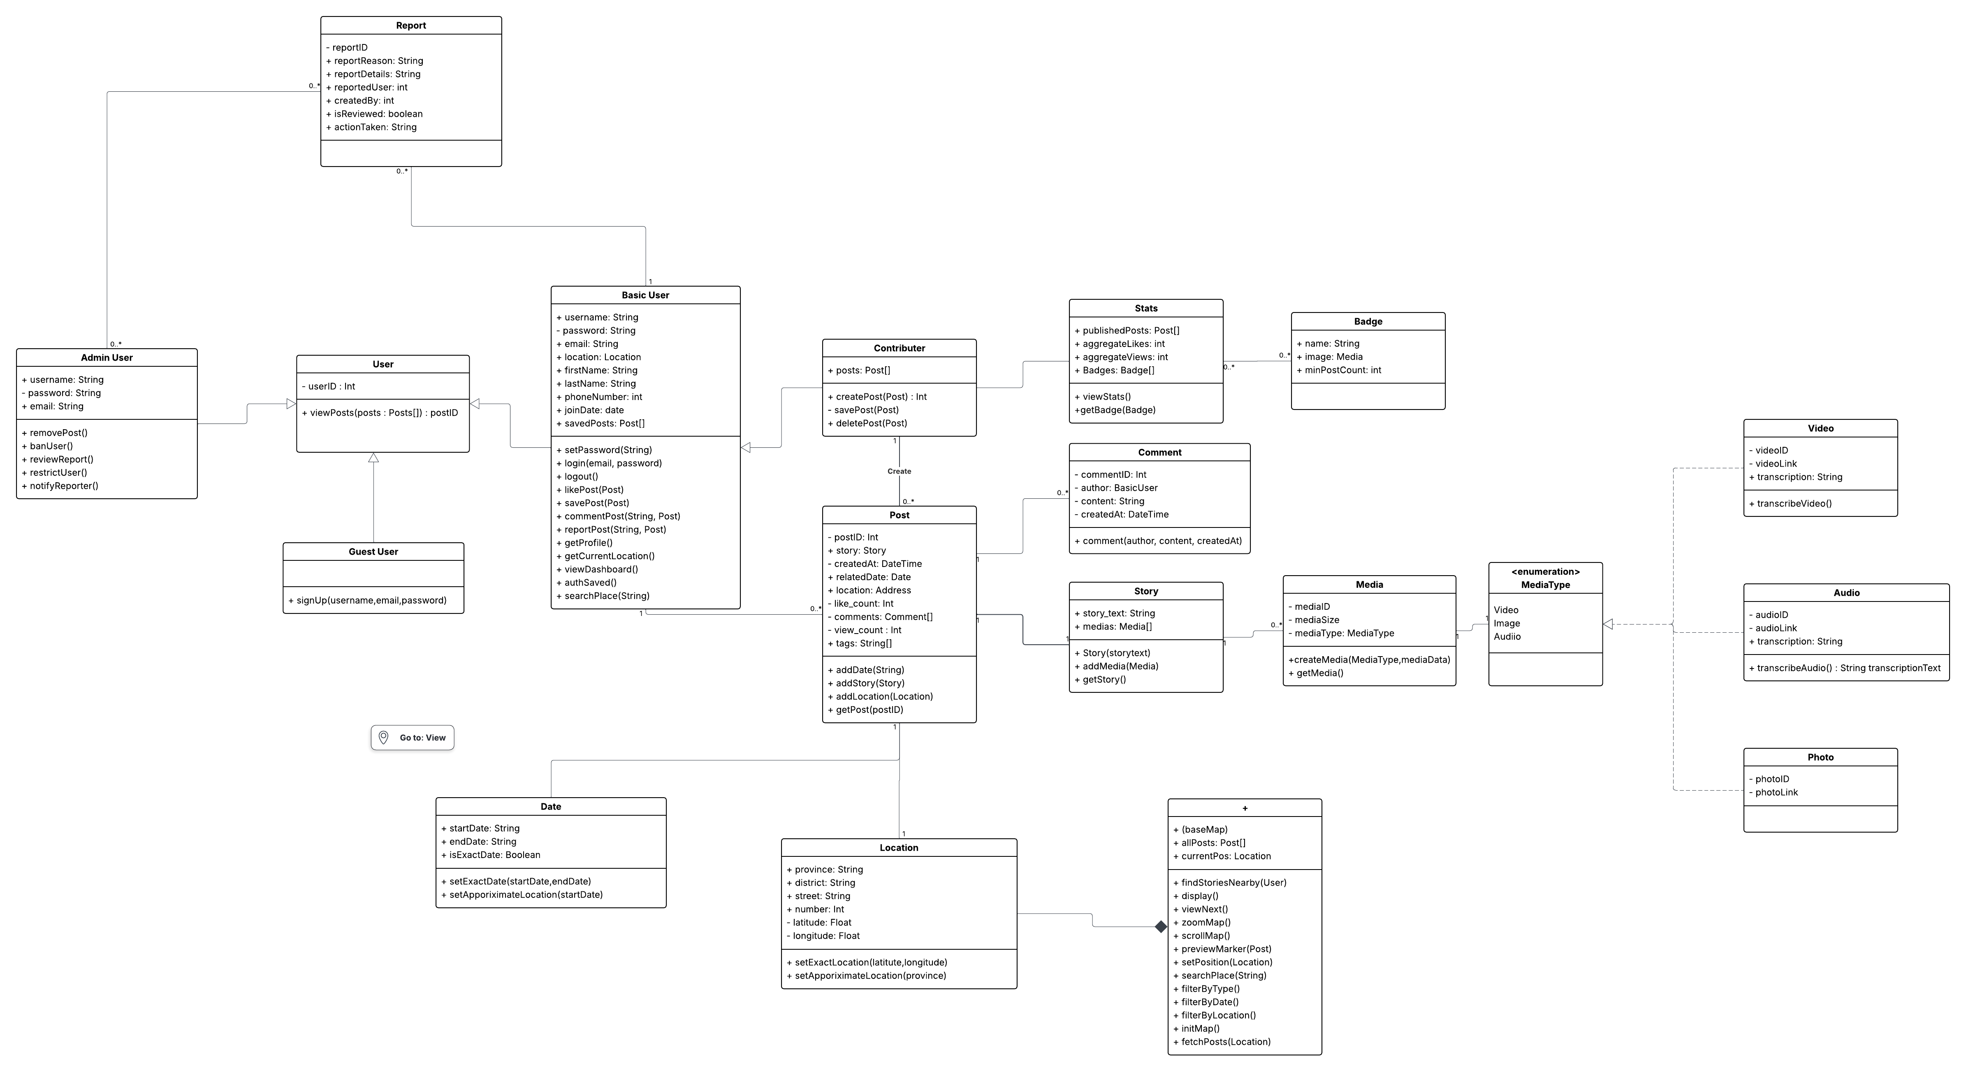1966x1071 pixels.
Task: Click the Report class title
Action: (410, 25)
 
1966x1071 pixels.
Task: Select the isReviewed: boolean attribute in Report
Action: (374, 113)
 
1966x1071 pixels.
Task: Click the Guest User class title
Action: (373, 551)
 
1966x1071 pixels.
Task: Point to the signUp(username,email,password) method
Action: (367, 600)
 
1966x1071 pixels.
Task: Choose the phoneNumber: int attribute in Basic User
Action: (599, 397)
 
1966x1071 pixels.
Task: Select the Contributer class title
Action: (899, 348)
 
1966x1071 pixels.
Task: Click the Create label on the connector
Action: (899, 472)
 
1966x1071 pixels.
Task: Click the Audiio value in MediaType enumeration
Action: (1507, 636)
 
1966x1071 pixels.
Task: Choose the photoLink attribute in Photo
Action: (1773, 793)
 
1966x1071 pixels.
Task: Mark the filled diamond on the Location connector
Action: (1161, 927)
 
